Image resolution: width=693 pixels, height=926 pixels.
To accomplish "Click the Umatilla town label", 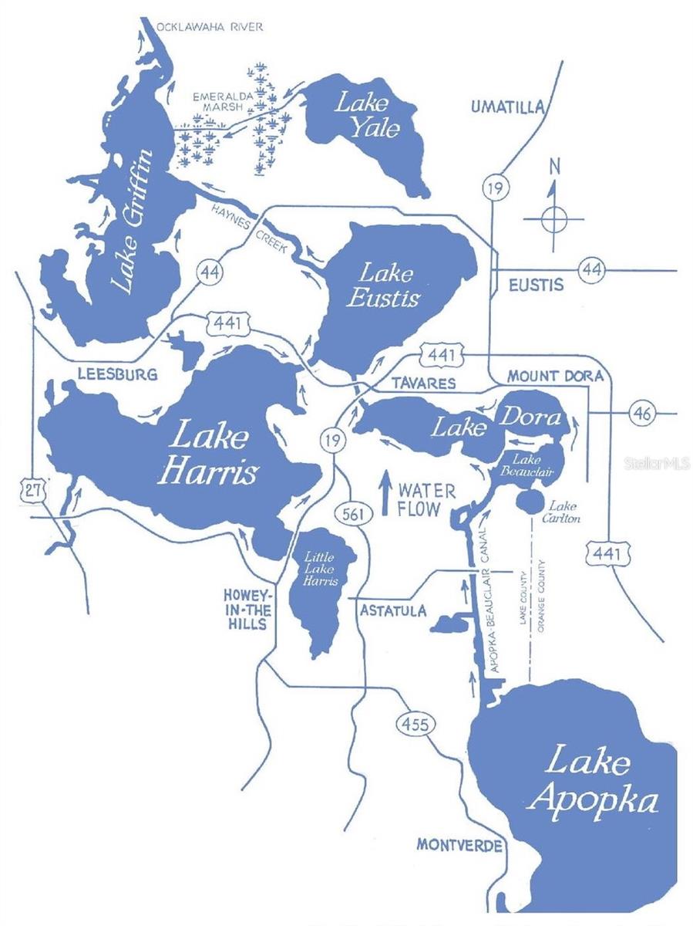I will pos(508,107).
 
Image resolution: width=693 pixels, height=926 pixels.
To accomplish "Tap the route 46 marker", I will pos(643,413).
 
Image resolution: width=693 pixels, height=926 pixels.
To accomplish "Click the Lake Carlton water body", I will pos(530,502).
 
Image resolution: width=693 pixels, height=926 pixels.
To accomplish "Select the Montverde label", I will pos(459,844).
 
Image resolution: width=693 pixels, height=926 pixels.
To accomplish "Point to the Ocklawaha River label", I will pos(210,27).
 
